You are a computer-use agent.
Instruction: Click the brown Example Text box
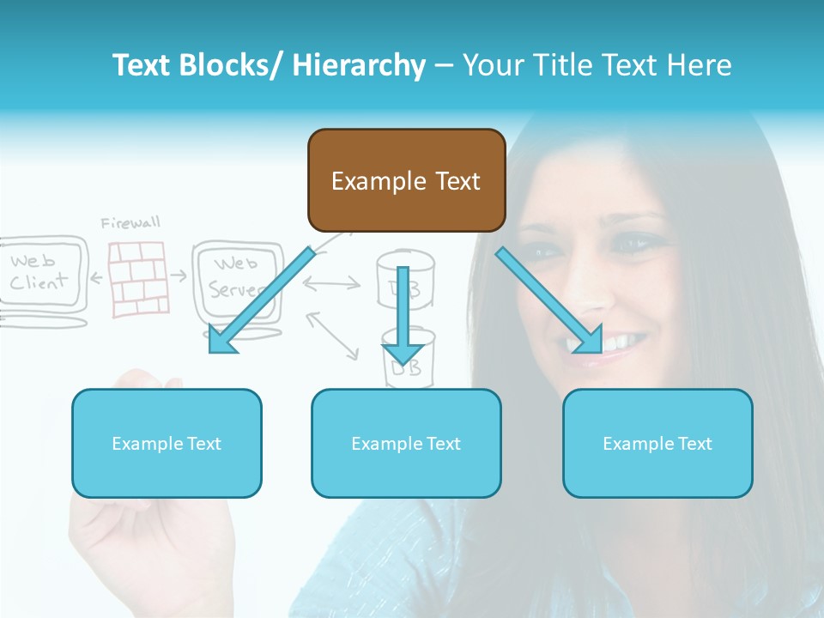(406, 180)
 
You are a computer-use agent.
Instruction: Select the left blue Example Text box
(167, 443)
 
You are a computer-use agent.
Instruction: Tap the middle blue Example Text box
(406, 443)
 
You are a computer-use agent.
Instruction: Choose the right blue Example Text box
(657, 443)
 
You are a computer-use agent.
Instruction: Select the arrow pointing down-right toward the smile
(549, 300)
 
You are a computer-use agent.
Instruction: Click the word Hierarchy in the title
(359, 65)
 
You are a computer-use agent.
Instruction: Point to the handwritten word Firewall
(130, 223)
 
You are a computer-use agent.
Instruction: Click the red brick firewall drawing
(136, 279)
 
